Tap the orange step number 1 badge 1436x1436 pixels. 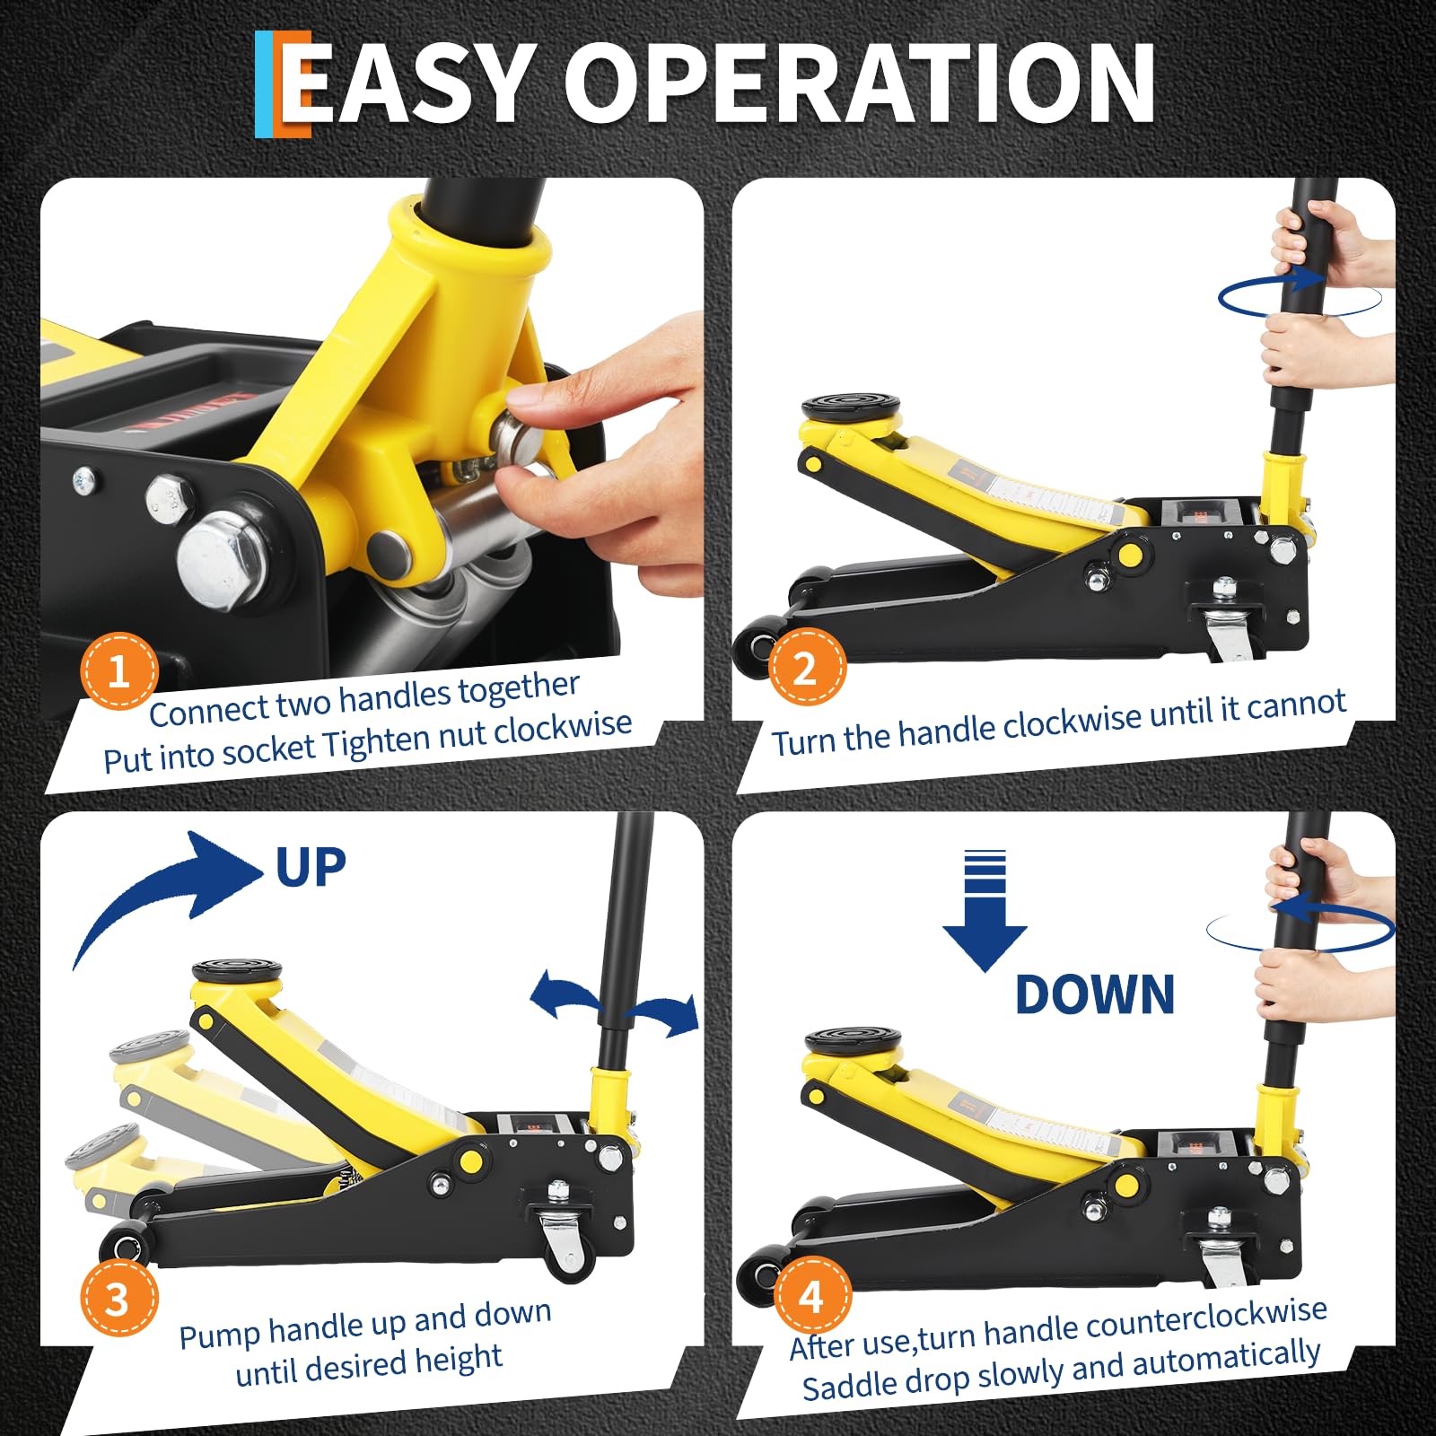tap(119, 671)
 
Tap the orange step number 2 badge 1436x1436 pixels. tap(807, 668)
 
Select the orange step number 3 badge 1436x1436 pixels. tap(119, 1298)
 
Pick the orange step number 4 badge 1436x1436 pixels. tap(811, 1296)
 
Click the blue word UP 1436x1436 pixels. tap(311, 867)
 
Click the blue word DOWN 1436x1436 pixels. tap(1095, 994)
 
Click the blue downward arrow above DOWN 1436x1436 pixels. tap(985, 910)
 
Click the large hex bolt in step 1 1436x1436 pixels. tap(221, 557)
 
